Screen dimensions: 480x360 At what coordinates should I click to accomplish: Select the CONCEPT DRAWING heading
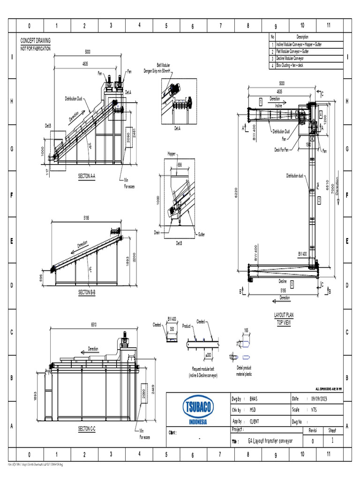click(x=36, y=41)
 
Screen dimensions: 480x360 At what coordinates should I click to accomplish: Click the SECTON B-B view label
click(x=87, y=292)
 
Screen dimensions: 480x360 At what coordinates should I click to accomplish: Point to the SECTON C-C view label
click(x=87, y=429)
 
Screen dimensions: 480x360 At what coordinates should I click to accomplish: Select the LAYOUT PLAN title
click(x=284, y=315)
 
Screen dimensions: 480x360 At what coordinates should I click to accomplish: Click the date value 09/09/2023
click(x=321, y=398)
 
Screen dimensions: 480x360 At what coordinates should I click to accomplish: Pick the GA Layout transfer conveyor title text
click(x=270, y=441)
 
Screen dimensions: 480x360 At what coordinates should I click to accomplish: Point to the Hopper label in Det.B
click(x=172, y=154)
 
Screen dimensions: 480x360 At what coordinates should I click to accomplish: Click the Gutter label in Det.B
click(x=201, y=234)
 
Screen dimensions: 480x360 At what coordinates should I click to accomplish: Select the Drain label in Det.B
click(x=157, y=232)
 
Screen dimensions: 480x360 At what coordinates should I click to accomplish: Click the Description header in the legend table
click(x=302, y=37)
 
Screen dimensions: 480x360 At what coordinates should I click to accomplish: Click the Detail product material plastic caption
click(x=244, y=371)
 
